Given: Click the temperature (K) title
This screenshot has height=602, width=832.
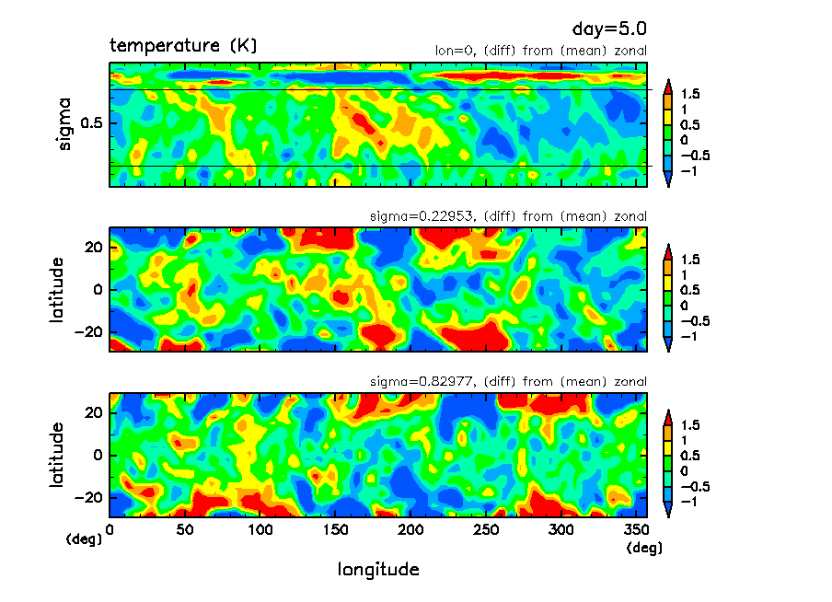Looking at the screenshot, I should (183, 45).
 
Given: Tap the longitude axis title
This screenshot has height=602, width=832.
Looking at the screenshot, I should (378, 570).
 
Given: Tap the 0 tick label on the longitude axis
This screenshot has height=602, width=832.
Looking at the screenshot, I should (110, 529).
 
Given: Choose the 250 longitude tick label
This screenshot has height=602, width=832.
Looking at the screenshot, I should (486, 529).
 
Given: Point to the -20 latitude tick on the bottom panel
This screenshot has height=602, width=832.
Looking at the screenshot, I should (89, 497).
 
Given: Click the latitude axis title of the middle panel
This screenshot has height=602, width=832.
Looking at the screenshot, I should (57, 289).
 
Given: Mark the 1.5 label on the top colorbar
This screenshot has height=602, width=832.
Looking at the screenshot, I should (689, 94).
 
